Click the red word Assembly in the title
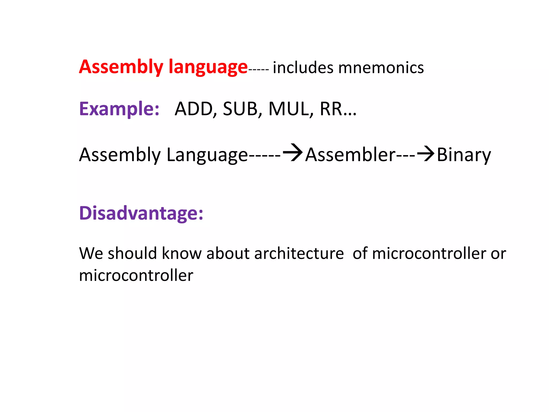click(121, 67)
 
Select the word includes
click(303, 68)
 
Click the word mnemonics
click(381, 68)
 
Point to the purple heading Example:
click(119, 109)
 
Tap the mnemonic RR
click(331, 109)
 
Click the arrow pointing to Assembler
click(293, 153)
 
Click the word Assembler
click(350, 155)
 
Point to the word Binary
click(464, 155)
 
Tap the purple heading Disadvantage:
click(141, 213)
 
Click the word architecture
click(299, 253)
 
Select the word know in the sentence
click(181, 253)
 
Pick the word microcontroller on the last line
click(136, 275)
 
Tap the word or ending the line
click(498, 254)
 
